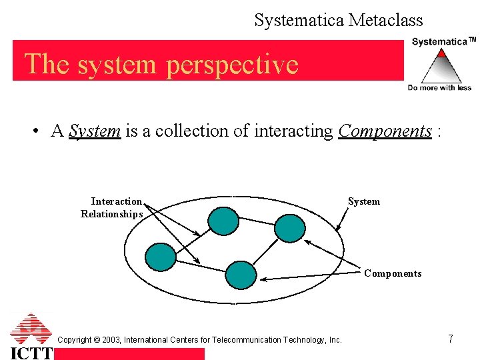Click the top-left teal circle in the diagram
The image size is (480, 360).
(223, 221)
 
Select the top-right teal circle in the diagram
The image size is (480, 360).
(289, 227)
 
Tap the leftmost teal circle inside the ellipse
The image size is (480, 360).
(161, 256)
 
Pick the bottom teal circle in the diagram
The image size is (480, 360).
(241, 274)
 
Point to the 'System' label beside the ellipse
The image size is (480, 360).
(364, 201)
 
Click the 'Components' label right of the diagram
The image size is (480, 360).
(393, 273)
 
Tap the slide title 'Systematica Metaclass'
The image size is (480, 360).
(338, 21)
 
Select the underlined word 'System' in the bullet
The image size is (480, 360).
(95, 131)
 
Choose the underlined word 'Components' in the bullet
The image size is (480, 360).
(385, 131)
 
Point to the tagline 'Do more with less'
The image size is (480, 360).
(439, 87)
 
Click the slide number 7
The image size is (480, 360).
(450, 339)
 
